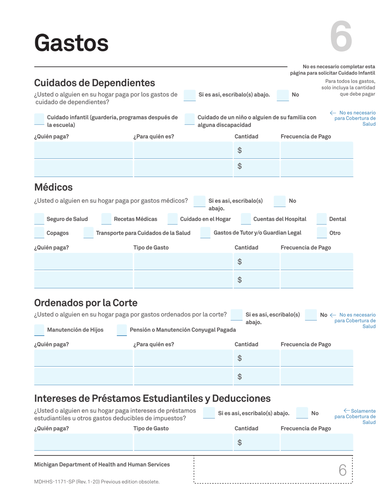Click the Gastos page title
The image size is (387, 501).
(71, 43)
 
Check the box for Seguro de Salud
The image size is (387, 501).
(39, 219)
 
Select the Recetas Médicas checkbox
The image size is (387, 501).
(106, 219)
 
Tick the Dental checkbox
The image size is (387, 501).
(322, 219)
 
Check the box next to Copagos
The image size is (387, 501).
(39, 233)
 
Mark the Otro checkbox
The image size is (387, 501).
(322, 233)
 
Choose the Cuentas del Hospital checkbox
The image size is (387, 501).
(246, 219)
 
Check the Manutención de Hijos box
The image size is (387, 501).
(39, 330)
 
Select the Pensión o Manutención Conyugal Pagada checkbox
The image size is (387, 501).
(122, 330)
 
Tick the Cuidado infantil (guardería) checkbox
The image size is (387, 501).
(39, 119)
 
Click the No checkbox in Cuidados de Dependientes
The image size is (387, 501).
(283, 95)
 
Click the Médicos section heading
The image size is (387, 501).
(53, 187)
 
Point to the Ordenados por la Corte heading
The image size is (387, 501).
(86, 303)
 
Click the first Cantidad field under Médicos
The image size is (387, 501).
(257, 261)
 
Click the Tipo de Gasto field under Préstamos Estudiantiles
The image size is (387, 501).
(183, 442)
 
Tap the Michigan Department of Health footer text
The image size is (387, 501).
(102, 464)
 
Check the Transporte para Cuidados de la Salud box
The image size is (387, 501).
(88, 233)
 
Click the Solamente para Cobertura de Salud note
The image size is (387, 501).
(357, 416)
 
